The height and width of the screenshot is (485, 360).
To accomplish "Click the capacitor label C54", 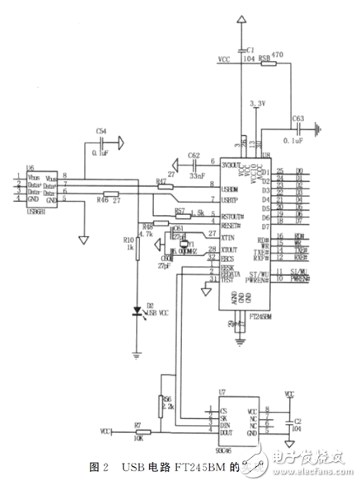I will [101, 131].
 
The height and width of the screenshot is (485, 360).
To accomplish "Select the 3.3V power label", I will [258, 105].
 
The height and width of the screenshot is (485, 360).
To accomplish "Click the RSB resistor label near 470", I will [264, 58].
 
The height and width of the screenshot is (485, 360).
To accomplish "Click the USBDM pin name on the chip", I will [230, 188].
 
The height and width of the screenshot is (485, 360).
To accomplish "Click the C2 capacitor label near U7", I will [298, 420].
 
